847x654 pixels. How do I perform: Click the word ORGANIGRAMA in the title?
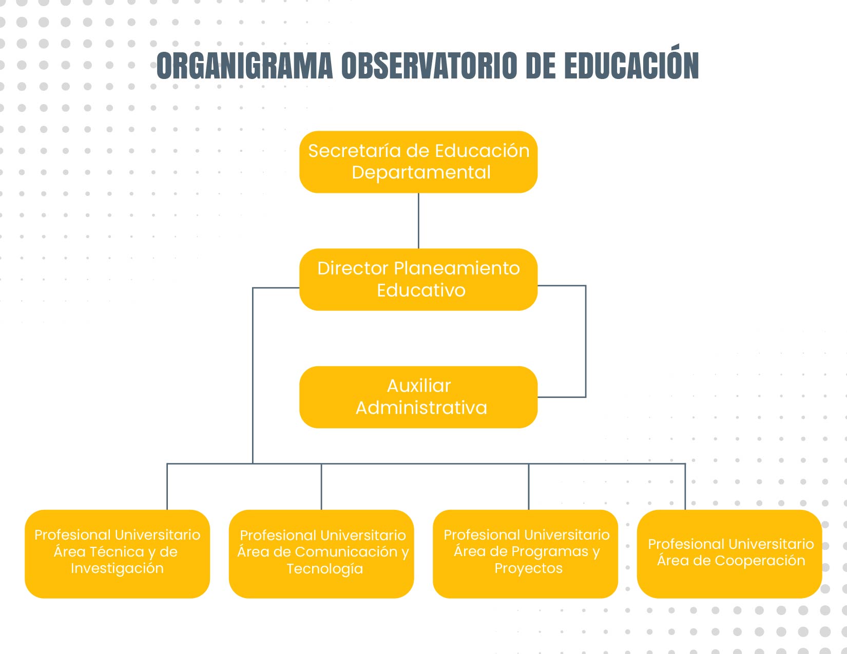click(x=244, y=66)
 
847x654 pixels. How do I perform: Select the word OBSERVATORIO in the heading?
click(x=429, y=66)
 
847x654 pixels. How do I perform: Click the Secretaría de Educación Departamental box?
click(x=418, y=162)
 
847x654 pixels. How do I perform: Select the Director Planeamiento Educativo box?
click(x=418, y=280)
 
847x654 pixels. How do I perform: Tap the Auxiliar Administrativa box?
click(x=418, y=397)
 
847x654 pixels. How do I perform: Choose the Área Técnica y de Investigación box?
click(x=117, y=553)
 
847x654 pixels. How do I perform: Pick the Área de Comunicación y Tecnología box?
click(x=321, y=553)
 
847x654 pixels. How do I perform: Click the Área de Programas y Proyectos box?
click(x=525, y=553)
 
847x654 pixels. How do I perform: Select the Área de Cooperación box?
click(x=729, y=553)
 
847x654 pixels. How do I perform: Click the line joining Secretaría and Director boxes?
click(x=418, y=221)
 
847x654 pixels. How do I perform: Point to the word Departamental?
click(x=421, y=172)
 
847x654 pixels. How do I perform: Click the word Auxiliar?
click(x=418, y=386)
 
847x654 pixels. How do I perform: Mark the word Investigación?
click(x=117, y=568)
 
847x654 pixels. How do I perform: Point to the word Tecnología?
click(x=324, y=569)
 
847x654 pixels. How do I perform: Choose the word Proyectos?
click(x=528, y=568)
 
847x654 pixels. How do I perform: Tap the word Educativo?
click(x=421, y=290)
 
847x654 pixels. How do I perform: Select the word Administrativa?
click(x=421, y=408)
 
